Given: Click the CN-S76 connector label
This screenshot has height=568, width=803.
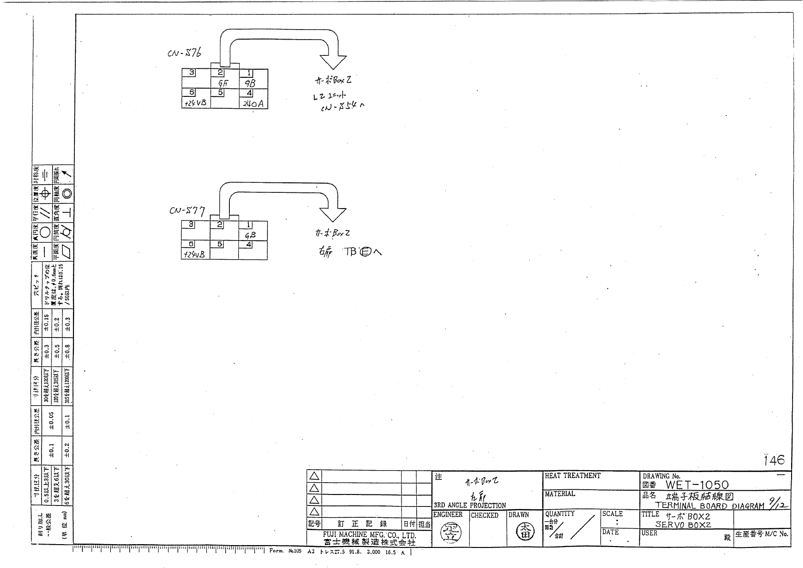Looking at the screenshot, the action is point(184,52).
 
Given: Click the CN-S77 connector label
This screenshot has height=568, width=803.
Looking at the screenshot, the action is point(187,210).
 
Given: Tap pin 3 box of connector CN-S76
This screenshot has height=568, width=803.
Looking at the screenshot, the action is point(192,73).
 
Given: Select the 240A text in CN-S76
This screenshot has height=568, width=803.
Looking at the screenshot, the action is point(253,103).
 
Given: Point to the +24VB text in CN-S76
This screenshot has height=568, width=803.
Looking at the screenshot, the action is point(195,103).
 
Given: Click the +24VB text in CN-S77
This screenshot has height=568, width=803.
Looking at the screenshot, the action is point(194,254).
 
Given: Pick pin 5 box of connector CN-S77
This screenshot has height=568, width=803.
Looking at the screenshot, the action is point(220,244).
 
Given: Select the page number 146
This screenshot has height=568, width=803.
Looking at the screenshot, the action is point(773,460).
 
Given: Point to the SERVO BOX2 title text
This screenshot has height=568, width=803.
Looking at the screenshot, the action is point(683,524).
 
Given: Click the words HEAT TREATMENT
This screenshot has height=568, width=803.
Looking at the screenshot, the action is point(573,476).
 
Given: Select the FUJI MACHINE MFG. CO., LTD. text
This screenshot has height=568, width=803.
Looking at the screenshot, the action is point(369,535).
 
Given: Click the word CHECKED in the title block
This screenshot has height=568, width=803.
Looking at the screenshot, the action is point(484,515).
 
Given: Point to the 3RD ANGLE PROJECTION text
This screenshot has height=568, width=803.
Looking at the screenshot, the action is point(470,505).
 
